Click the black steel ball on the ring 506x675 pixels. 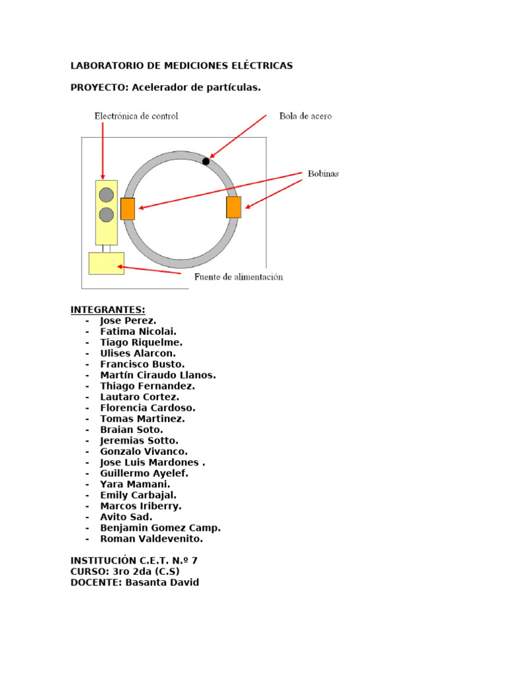coord(206,161)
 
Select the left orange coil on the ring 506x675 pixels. coord(128,209)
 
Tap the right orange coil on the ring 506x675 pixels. coord(233,207)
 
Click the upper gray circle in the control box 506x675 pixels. coord(106,195)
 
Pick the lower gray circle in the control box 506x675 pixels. coord(106,215)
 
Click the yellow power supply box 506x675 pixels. coord(106,263)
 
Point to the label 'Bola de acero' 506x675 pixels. coord(305,116)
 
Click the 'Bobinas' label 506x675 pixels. coord(323,174)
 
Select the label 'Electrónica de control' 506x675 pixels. coord(136,116)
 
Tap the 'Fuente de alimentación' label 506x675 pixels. coord(239,277)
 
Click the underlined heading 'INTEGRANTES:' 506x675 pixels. coord(108,310)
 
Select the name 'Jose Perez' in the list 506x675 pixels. coord(128,321)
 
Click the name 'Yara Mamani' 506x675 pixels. coord(134,484)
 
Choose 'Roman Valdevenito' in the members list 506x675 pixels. coord(152,539)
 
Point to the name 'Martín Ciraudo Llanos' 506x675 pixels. coord(157,375)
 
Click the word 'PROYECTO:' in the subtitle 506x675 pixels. coord(99,88)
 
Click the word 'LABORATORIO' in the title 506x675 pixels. coord(103,66)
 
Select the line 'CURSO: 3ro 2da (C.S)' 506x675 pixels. coord(125,572)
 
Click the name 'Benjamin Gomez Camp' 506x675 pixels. coord(160,528)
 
